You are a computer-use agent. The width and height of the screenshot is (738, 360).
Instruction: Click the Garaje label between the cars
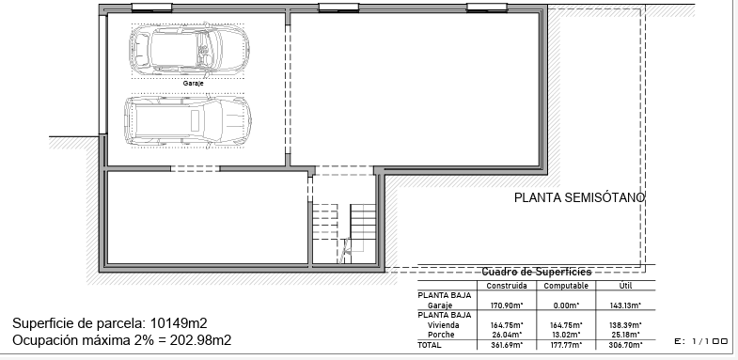(193, 84)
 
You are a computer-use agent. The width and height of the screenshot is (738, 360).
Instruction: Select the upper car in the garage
(189, 49)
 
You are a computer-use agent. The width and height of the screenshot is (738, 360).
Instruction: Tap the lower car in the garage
(187, 120)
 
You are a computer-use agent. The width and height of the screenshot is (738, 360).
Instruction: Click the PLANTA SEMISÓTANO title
(579, 197)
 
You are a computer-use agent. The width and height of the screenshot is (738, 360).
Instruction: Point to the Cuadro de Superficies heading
(536, 272)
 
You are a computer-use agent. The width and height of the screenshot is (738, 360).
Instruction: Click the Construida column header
(507, 286)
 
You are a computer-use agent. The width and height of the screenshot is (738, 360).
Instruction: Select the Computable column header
(566, 286)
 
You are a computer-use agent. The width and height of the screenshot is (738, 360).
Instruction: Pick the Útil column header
(625, 286)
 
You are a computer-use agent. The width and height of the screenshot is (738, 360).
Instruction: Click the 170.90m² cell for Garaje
(507, 305)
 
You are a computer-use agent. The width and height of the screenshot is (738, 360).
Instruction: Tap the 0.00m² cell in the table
(566, 305)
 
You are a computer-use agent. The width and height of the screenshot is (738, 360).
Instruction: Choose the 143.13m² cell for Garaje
(625, 305)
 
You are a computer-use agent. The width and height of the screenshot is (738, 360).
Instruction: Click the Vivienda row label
(444, 325)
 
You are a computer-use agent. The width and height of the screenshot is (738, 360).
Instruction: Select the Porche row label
(441, 335)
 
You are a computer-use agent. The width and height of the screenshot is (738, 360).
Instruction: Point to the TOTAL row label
(430, 345)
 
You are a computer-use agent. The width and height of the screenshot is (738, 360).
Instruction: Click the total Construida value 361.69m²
(507, 345)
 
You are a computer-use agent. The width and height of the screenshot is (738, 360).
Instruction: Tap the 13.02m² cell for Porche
(566, 335)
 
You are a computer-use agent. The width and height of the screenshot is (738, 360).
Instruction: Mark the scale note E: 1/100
(701, 341)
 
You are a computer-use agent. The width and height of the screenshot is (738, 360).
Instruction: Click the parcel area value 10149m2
(179, 323)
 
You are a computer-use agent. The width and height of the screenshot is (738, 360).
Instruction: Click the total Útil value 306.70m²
(625, 345)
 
